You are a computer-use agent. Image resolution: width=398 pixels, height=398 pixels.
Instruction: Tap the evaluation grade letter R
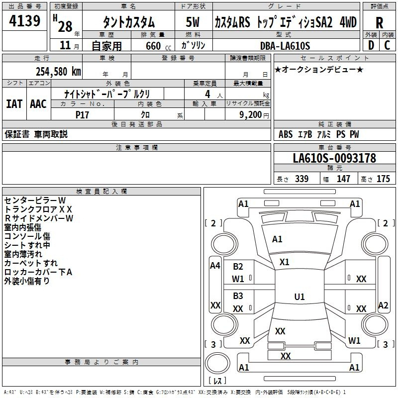point(379,23)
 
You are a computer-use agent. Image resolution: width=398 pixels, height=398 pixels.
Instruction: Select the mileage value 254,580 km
point(58,71)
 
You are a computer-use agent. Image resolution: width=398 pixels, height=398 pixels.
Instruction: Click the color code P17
point(83,114)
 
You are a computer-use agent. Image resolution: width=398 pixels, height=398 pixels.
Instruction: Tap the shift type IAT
point(14,104)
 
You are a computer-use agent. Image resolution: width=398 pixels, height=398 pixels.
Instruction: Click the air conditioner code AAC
point(38,104)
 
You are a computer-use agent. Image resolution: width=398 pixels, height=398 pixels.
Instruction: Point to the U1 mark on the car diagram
point(299,297)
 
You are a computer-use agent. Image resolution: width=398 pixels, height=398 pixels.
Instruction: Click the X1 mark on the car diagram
point(285,262)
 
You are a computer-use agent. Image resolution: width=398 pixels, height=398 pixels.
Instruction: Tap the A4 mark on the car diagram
point(215,266)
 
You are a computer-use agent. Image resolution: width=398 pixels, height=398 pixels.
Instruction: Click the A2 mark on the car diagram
point(383,305)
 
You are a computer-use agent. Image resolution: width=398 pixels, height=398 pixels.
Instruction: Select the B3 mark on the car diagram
point(238,296)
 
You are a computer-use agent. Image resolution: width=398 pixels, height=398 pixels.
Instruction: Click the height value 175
point(384,179)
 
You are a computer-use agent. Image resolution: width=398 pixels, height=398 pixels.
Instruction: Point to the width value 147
point(343,179)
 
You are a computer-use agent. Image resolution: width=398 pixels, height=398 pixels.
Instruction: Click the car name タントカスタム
point(129,22)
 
